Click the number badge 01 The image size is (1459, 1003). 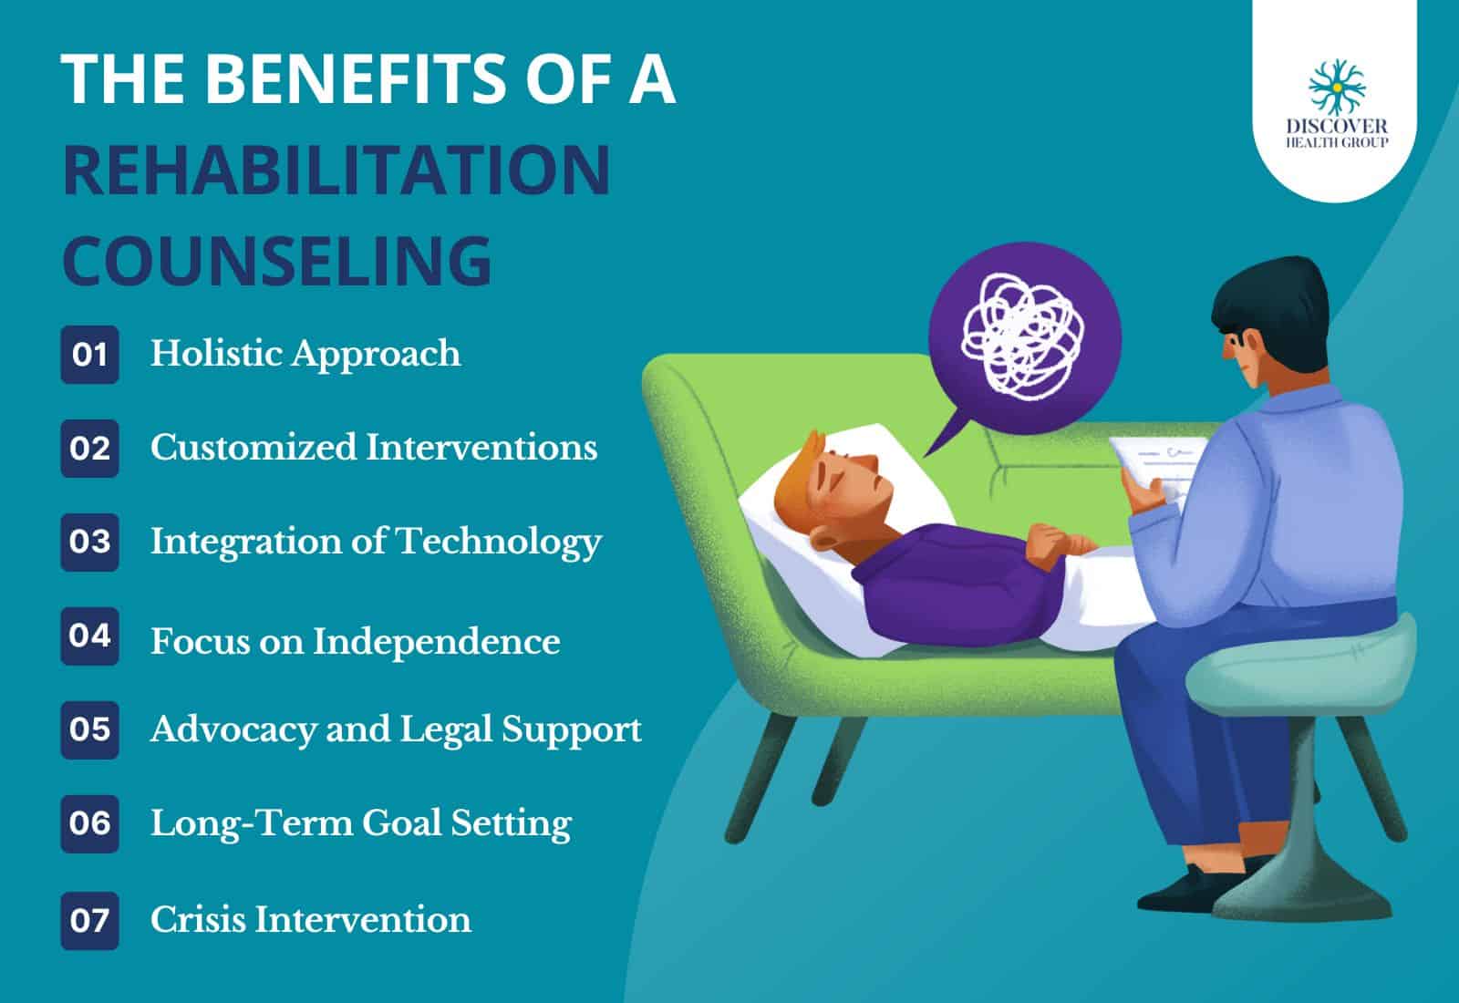pos(90,355)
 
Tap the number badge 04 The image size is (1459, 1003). pos(90,636)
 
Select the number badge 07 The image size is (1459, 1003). pos(90,920)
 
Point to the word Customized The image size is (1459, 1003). pos(254,448)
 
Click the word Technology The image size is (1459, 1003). pos(499,543)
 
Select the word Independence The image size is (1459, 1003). pos(437,642)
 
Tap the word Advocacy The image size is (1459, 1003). pos(233,729)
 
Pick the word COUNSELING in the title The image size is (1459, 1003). pos(277,261)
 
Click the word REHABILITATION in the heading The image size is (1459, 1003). pos(336,170)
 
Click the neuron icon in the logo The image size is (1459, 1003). pos(1337,87)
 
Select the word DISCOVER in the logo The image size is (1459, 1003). pos(1337,126)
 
